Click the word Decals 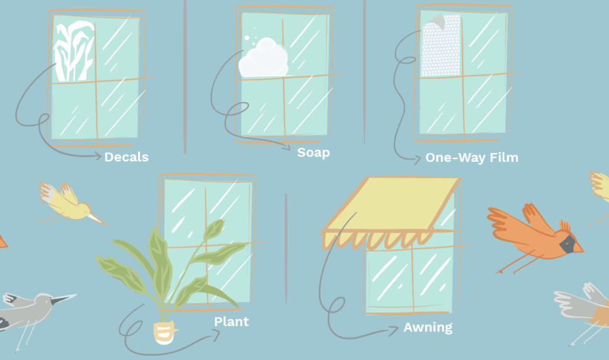coord(127,157)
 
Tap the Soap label coord(313,152)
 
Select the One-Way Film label coord(472,158)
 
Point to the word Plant coord(231,321)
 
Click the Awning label coord(428,327)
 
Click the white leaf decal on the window coord(74,51)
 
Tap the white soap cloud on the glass coord(263,58)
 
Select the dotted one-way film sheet coord(441,45)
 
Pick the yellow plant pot coord(165,333)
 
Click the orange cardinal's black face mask coord(567,244)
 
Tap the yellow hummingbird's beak coord(96,218)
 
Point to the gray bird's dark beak coord(62,299)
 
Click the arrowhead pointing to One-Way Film coord(417,159)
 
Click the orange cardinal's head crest coord(565,226)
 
